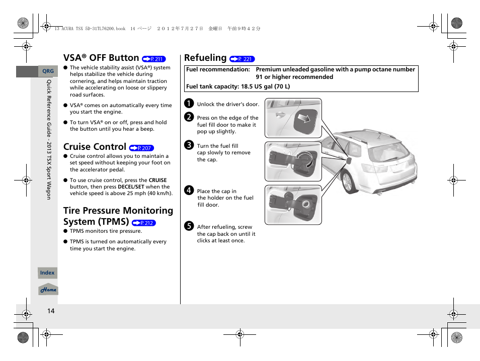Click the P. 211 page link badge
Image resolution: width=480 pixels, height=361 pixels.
pyautogui.click(x=154, y=59)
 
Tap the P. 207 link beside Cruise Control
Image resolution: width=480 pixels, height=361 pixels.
pyautogui.click(x=141, y=148)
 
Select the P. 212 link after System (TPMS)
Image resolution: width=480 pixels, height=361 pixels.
pyautogui.click(x=144, y=223)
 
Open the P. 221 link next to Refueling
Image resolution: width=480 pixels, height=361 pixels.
pyautogui.click(x=242, y=59)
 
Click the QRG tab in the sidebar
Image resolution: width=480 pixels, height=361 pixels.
pyautogui.click(x=47, y=71)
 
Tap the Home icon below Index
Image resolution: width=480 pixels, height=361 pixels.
pyautogui.click(x=48, y=290)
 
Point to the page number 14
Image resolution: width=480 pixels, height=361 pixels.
pyautogui.click(x=51, y=311)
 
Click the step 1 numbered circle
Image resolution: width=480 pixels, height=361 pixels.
pyautogui.click(x=189, y=104)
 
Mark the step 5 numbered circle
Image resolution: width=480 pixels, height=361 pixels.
pyautogui.click(x=189, y=227)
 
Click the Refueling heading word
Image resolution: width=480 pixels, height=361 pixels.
pyautogui.click(x=205, y=58)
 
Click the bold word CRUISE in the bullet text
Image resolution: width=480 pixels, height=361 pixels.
pyautogui.click(x=157, y=180)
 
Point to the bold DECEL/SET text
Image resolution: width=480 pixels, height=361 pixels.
pyautogui.click(x=131, y=187)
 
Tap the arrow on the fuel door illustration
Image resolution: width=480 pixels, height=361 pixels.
pyautogui.click(x=303, y=119)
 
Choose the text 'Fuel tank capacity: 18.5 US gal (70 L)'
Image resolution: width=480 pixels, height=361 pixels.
pyautogui.click(x=238, y=86)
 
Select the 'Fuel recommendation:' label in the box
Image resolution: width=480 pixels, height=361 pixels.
pyautogui.click(x=218, y=70)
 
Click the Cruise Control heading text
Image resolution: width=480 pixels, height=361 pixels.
pyautogui.click(x=95, y=147)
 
